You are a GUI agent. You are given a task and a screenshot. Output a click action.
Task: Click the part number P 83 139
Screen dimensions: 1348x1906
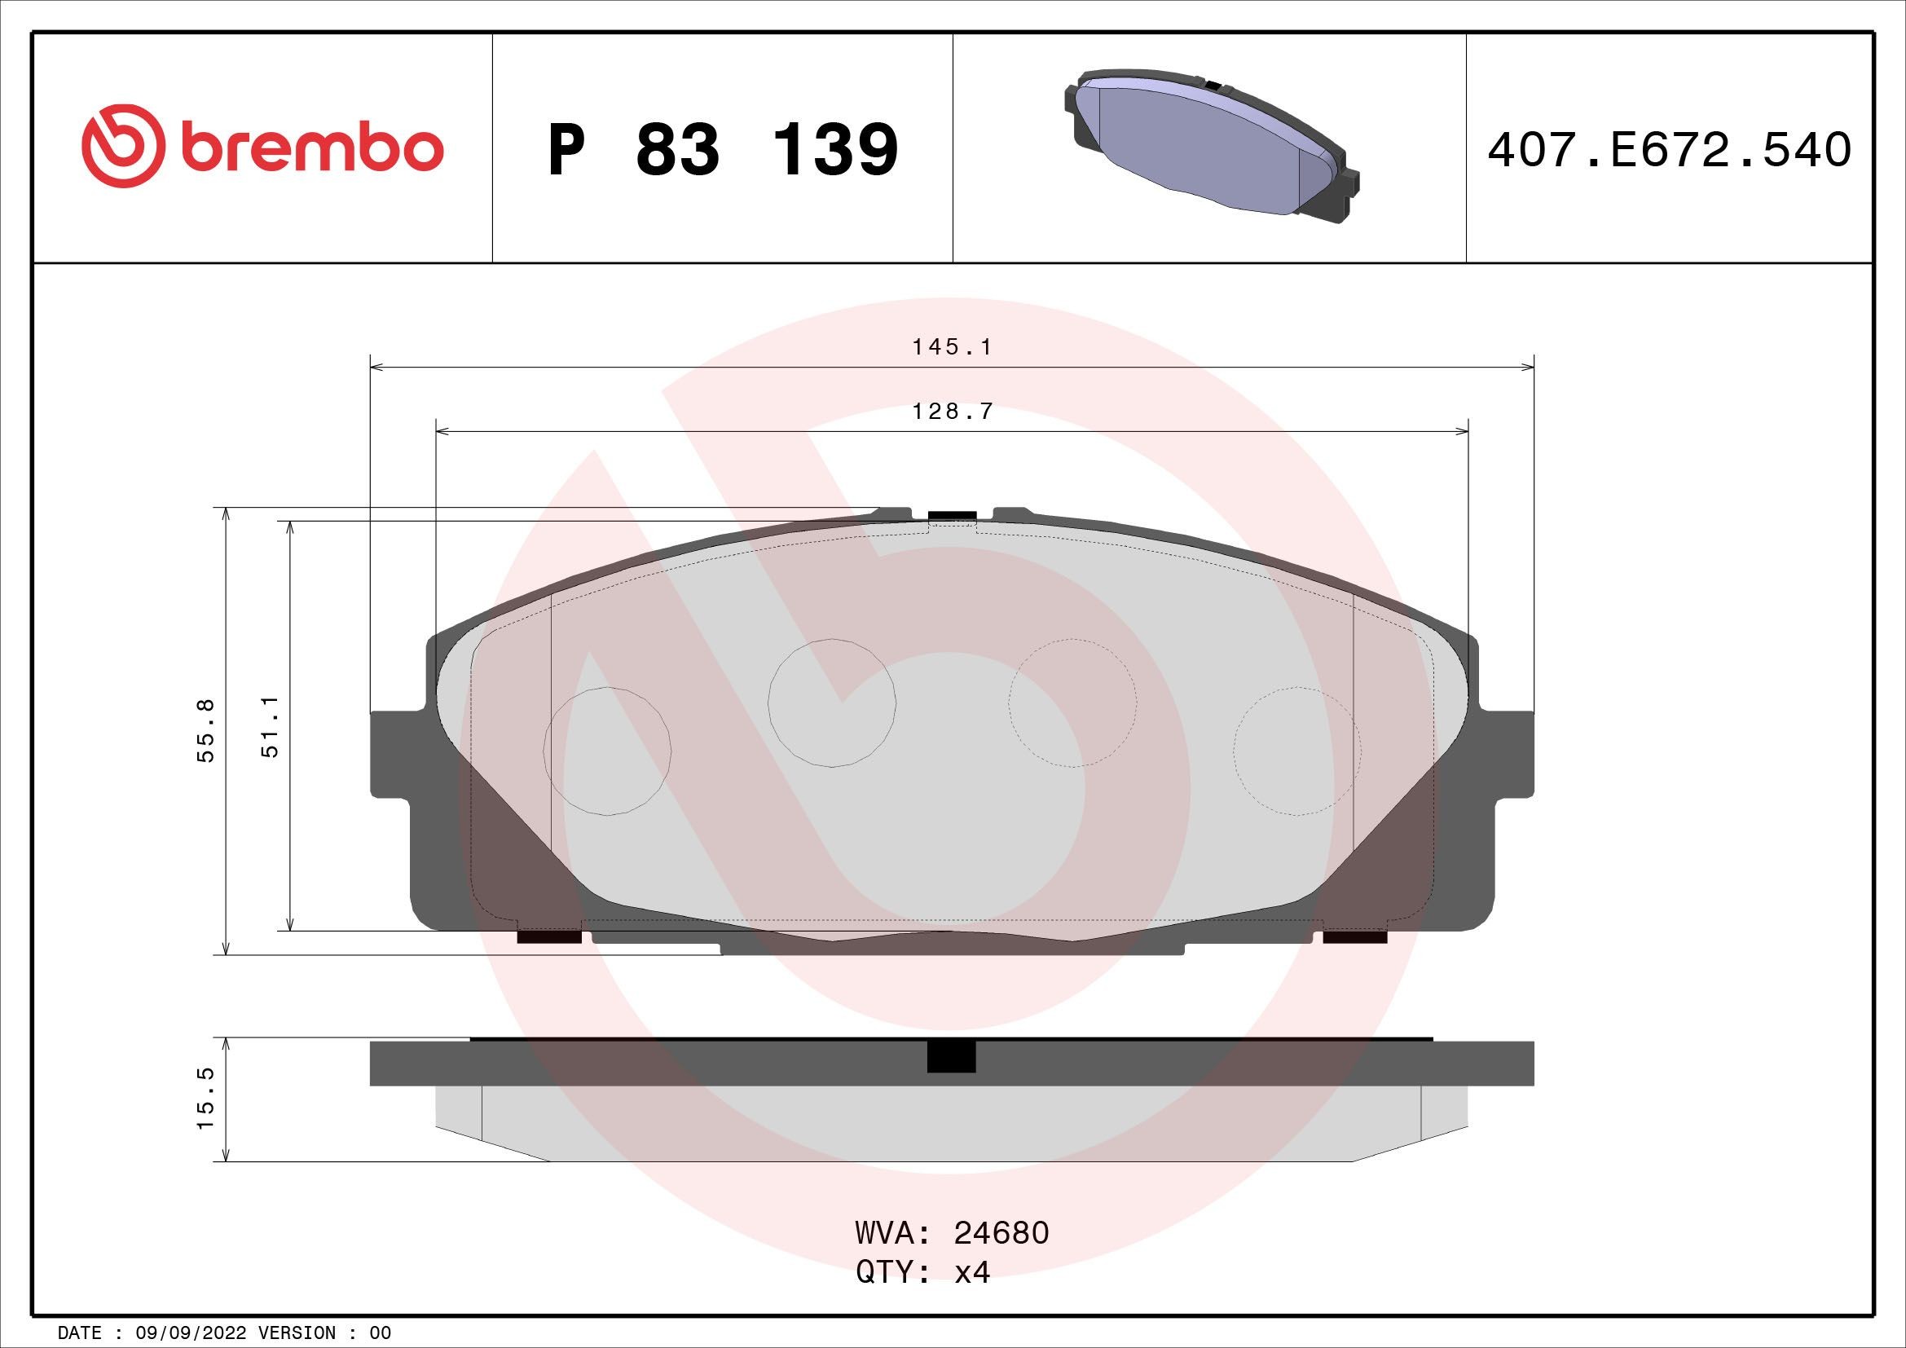[x=722, y=150]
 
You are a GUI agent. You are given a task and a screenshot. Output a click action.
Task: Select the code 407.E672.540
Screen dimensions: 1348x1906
[x=1669, y=150]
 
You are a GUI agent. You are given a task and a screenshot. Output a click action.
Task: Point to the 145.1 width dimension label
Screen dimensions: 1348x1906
[x=951, y=347]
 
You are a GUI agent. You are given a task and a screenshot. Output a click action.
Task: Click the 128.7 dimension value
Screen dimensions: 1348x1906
[x=951, y=412]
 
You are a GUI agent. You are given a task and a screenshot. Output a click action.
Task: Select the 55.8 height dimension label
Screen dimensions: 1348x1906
[x=206, y=730]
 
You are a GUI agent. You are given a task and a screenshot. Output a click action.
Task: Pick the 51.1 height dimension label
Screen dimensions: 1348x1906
[x=271, y=727]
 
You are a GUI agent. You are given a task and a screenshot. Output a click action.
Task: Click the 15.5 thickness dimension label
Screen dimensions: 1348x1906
[x=206, y=1098]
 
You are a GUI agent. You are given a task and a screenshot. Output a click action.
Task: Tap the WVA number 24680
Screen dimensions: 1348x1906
[x=1001, y=1232]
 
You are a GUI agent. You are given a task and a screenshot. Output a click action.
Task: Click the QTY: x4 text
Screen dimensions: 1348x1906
[x=923, y=1271]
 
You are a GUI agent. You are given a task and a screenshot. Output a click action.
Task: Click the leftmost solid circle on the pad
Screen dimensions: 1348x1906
[x=607, y=751]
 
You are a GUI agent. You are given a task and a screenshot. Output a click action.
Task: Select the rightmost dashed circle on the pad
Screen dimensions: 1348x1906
[x=1296, y=751]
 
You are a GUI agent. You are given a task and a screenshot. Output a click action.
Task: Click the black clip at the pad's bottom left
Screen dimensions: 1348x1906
[x=548, y=937]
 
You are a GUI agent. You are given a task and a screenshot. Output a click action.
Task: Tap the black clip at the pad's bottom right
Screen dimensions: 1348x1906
[x=1355, y=937]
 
